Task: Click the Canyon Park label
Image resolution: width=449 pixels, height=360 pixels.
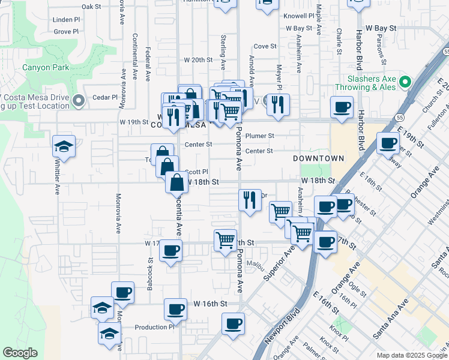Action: (45, 67)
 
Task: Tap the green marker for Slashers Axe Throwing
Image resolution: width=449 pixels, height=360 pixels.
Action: (405, 82)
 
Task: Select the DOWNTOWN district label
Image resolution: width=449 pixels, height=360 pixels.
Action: (318, 158)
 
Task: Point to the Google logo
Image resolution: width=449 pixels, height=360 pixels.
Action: (20, 353)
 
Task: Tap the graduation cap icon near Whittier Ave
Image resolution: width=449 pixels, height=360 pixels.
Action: (63, 146)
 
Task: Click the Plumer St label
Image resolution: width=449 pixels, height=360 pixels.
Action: (259, 136)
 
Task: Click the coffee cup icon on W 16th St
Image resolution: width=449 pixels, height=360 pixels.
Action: (175, 310)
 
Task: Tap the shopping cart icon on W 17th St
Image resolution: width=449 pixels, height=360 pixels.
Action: (225, 239)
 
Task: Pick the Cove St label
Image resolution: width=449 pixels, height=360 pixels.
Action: (265, 46)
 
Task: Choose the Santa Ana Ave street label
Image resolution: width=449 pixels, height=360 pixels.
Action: (390, 316)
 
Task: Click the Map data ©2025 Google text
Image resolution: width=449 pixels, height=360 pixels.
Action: (412, 355)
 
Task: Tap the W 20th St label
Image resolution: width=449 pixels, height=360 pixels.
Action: (199, 60)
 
